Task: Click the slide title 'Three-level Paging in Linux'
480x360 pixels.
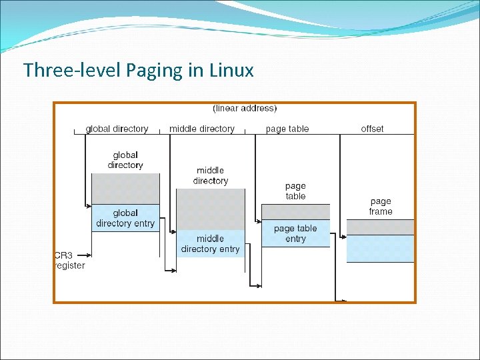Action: (x=138, y=70)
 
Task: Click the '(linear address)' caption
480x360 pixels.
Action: (x=245, y=108)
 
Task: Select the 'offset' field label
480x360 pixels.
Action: (x=372, y=129)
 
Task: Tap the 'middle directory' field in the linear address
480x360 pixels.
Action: (x=202, y=129)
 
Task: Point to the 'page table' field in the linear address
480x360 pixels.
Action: (x=287, y=129)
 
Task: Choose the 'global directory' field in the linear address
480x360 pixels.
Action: (x=117, y=129)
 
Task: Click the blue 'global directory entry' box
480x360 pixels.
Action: (x=125, y=218)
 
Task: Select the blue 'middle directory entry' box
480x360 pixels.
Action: (x=210, y=243)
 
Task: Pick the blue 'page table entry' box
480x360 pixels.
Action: (x=295, y=233)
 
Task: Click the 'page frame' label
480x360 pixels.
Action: (x=381, y=206)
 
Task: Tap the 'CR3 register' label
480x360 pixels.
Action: (x=69, y=260)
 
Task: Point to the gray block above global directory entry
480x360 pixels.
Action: (x=125, y=189)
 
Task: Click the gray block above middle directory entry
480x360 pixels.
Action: (x=210, y=209)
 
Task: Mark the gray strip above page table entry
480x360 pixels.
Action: (x=295, y=212)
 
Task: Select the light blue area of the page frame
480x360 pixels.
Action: (x=381, y=249)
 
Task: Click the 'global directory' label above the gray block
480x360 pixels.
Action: (x=125, y=160)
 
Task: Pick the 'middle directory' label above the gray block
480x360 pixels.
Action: (x=210, y=175)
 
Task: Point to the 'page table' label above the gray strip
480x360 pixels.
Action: (x=295, y=191)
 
